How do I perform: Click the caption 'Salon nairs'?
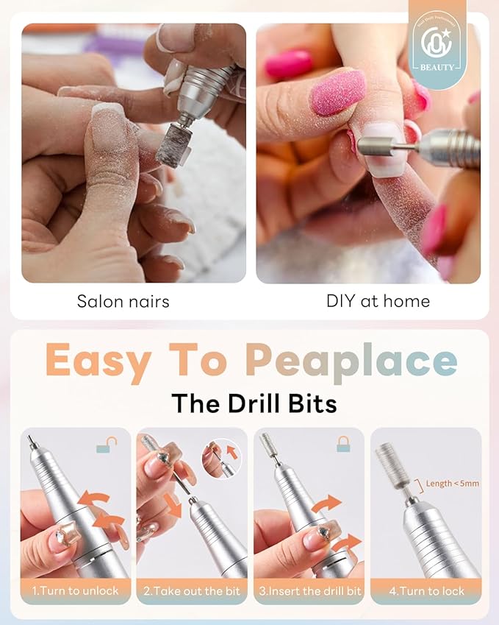pos(123,301)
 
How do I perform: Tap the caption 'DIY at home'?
pos(378,301)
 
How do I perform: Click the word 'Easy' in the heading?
pos(98,361)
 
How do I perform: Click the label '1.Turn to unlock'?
pos(75,591)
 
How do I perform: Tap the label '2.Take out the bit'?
pos(192,591)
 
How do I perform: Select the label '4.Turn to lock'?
pos(426,591)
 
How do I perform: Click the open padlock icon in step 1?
pos(107,445)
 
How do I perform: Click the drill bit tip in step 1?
pos(31,442)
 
